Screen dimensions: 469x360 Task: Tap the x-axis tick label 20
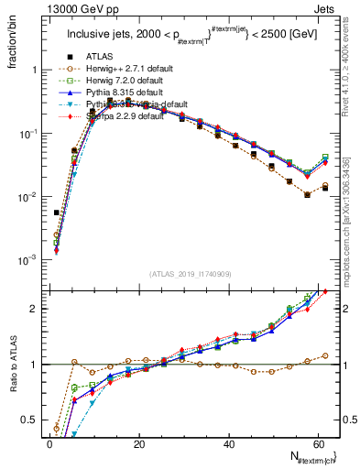[138, 444]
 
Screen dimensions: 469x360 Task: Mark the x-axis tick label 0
[49, 444]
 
